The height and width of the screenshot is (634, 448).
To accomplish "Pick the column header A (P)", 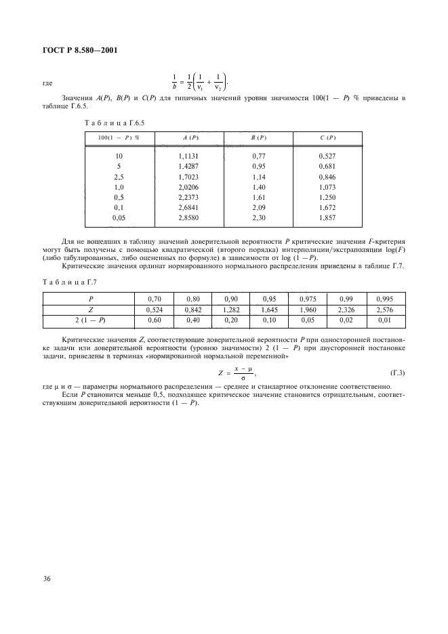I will coord(190,138).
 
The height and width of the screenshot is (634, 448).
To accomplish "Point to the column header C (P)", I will coord(327,138).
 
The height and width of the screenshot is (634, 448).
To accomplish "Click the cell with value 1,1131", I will coord(190,156).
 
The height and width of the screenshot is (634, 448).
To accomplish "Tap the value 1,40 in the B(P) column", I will coord(258,185).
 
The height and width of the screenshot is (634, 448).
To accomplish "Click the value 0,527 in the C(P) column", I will coord(327,156).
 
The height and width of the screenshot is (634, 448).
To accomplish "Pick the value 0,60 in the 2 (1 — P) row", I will coord(154,300).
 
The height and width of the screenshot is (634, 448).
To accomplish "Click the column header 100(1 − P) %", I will coord(119,138).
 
